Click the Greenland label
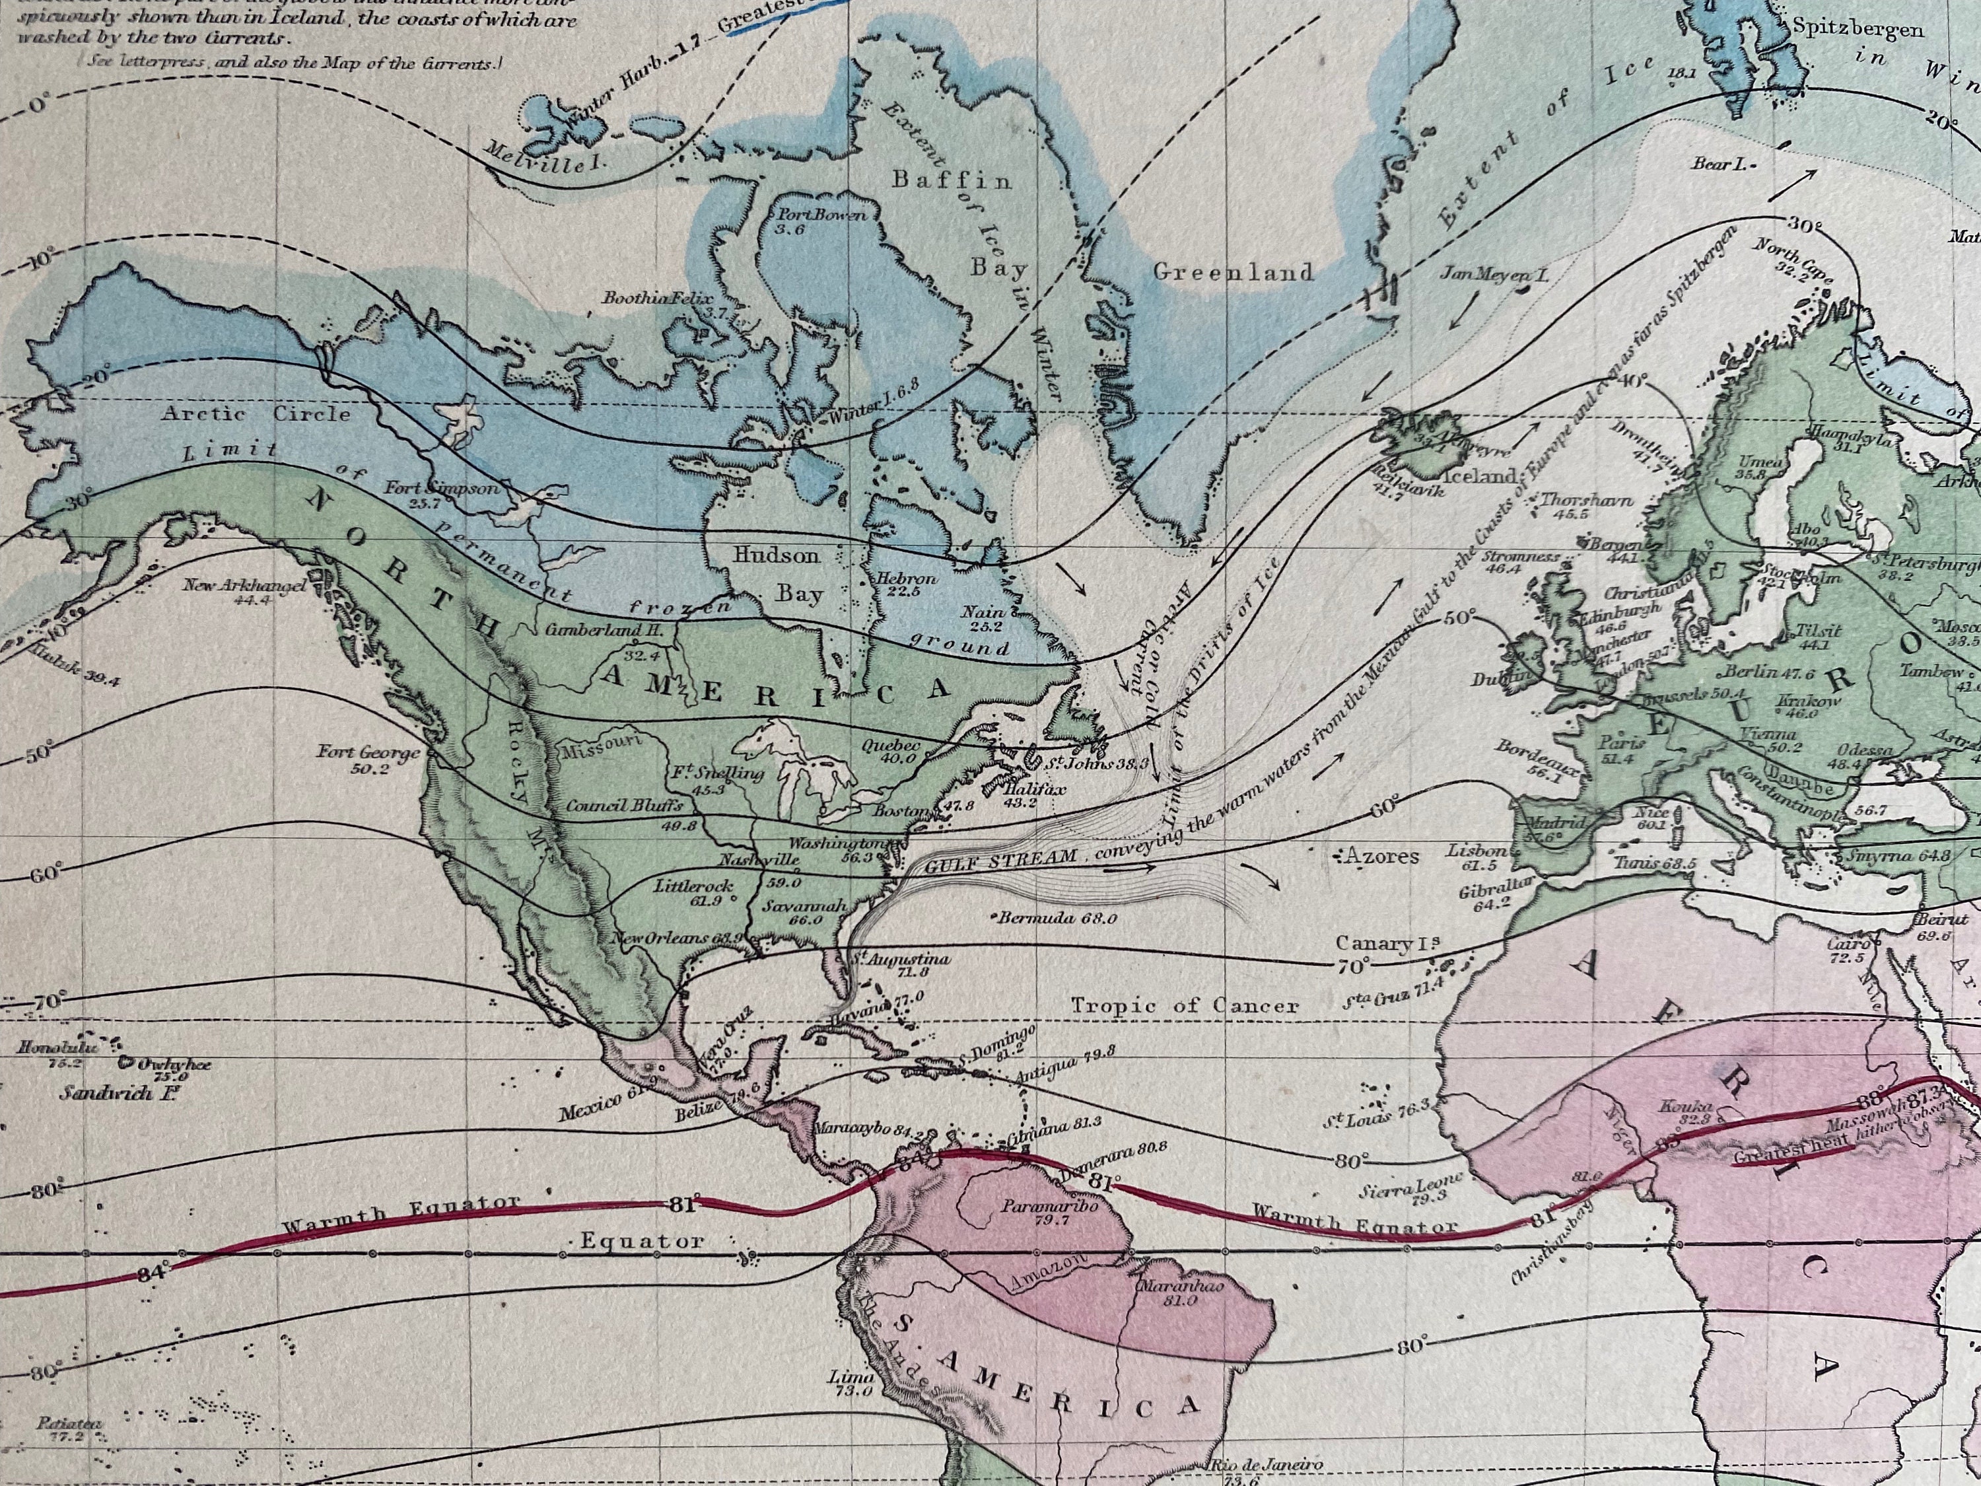pyautogui.click(x=1232, y=272)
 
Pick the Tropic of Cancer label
pyautogui.click(x=1185, y=1005)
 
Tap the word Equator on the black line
pyautogui.click(x=641, y=1242)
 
